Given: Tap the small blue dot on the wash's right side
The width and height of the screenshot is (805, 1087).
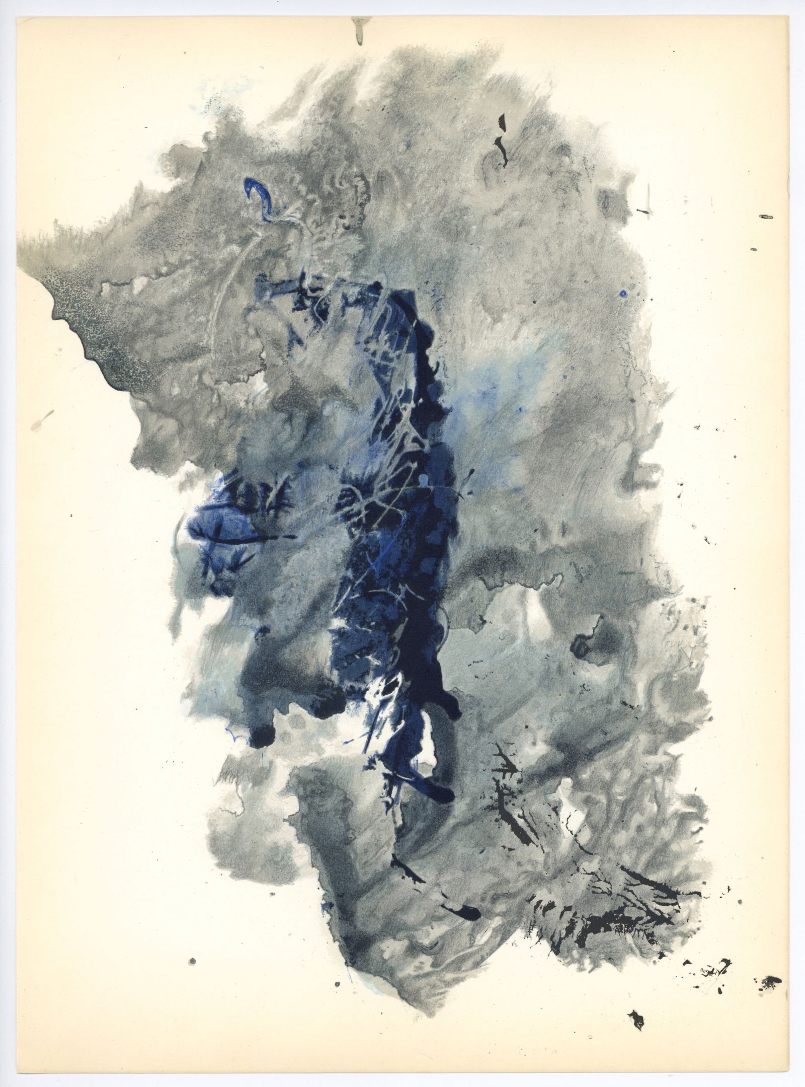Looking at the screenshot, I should pos(623,293).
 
